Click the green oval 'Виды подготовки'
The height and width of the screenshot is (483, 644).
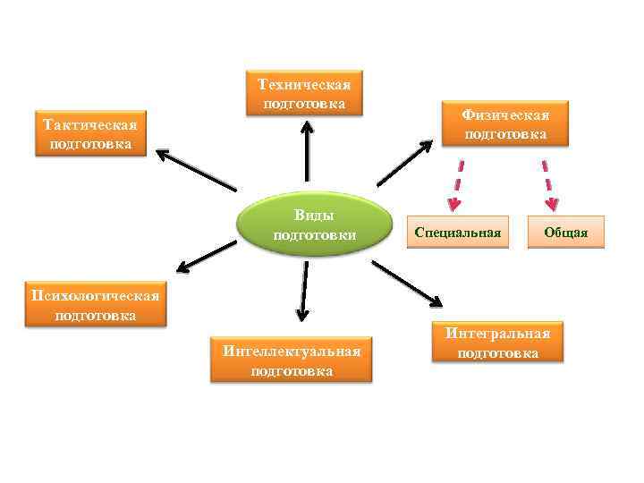coord(316,225)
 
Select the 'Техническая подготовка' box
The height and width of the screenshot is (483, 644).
coord(304,93)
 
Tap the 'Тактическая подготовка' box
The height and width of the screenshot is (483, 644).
coord(89,133)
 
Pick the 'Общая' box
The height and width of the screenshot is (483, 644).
coord(566,233)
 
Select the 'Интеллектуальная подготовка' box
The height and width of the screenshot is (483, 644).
coord(292,360)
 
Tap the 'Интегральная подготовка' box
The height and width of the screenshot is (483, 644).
coord(498,343)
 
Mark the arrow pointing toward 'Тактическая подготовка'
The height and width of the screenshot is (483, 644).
coord(197,170)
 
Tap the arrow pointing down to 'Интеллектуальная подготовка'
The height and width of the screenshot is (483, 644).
coord(303,289)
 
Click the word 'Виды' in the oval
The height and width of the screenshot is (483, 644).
coord(314,216)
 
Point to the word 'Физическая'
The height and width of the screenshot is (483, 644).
coord(505,115)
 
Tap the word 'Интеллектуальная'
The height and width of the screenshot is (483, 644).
coord(292,351)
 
